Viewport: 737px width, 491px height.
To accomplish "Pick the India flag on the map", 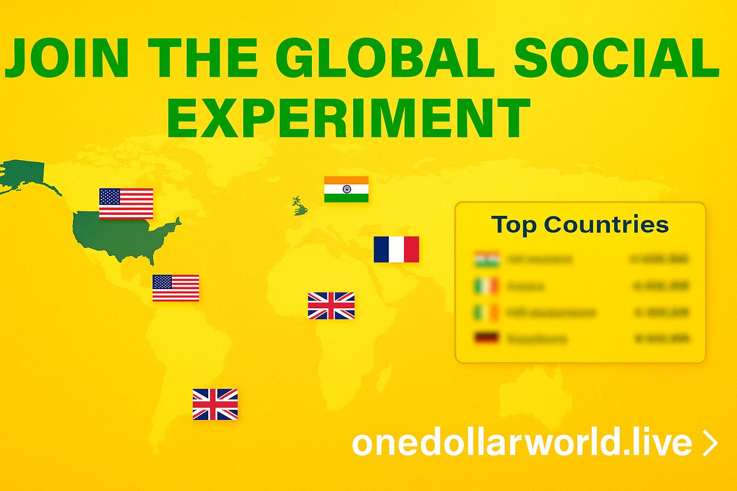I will [x=346, y=189].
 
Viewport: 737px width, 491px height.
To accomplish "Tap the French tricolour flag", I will [x=396, y=249].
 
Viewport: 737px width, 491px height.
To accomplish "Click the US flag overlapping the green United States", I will [x=126, y=203].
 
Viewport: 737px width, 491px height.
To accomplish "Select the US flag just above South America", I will [x=176, y=288].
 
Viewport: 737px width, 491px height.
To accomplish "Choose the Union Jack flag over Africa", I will [x=331, y=306].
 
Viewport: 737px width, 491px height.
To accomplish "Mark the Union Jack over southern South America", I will [x=215, y=404].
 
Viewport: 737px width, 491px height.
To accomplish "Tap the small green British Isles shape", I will [x=300, y=206].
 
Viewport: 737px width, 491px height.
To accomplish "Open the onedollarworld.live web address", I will [x=521, y=444].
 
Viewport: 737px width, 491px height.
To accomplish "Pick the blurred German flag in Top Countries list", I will [x=486, y=338].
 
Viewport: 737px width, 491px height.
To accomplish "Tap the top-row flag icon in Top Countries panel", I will [x=486, y=259].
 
